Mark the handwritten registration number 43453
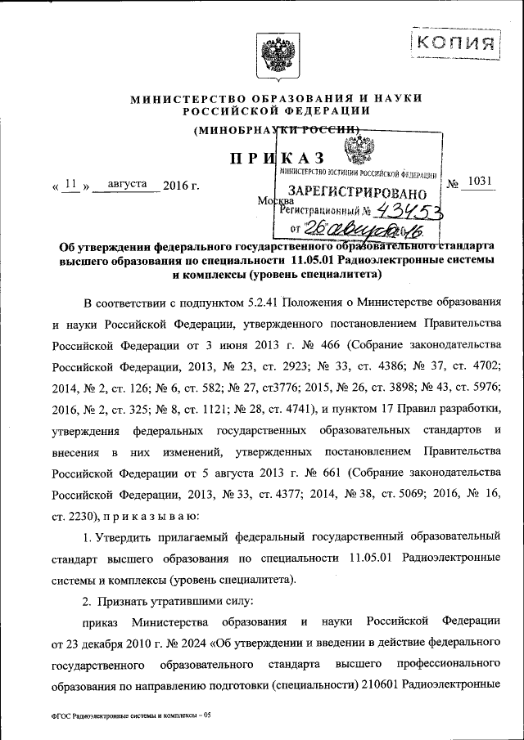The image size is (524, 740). [x=406, y=211]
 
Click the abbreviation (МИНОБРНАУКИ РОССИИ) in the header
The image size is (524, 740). [x=277, y=130]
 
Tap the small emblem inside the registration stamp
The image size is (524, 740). [x=357, y=152]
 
